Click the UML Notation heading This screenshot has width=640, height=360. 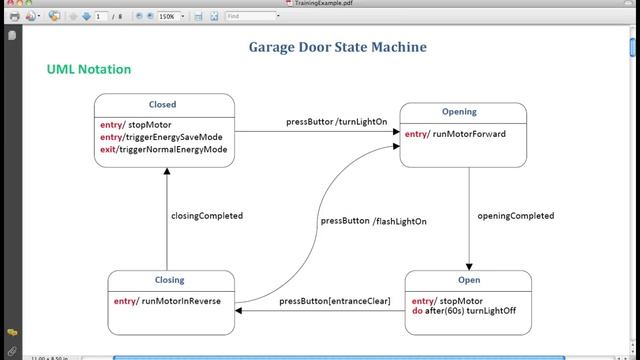pyautogui.click(x=88, y=69)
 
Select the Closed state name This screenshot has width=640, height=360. pyautogui.click(x=162, y=104)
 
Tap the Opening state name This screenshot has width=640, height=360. pyautogui.click(x=459, y=112)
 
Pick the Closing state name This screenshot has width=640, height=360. pyautogui.click(x=170, y=280)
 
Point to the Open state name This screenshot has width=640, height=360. pyautogui.click(x=468, y=280)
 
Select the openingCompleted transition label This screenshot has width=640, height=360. pyautogui.click(x=515, y=216)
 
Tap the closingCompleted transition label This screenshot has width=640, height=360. pyautogui.click(x=207, y=215)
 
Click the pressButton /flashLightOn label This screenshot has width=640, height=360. pyautogui.click(x=359, y=221)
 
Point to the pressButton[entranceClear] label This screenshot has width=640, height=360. pyautogui.click(x=335, y=301)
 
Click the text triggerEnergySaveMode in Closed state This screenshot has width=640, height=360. pyautogui.click(x=174, y=137)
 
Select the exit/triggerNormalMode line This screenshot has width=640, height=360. pyautogui.click(x=163, y=149)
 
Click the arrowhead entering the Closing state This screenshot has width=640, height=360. pyautogui.click(x=240, y=310)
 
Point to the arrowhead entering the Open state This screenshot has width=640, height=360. pyautogui.click(x=469, y=265)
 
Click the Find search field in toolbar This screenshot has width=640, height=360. pyautogui.click(x=251, y=17)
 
